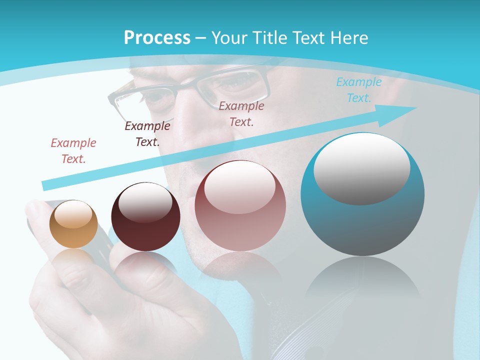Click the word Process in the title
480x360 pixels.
[157, 37]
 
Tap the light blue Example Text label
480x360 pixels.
[358, 90]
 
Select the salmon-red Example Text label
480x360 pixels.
[73, 150]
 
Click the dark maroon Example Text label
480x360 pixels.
[147, 133]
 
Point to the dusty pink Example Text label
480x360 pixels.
[241, 113]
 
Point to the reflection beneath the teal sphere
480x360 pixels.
[362, 280]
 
